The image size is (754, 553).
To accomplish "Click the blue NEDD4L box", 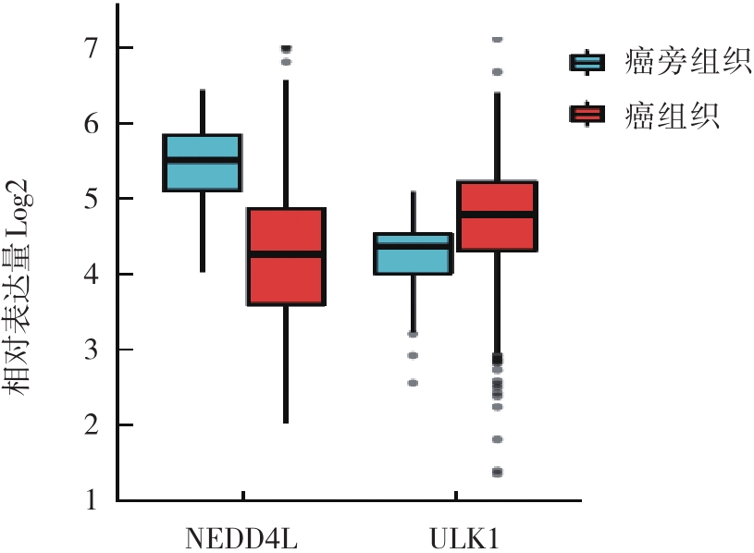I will pyautogui.click(x=202, y=163).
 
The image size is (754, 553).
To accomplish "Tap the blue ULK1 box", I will pyautogui.click(x=413, y=253).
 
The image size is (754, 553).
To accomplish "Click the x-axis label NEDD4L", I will pyautogui.click(x=243, y=537).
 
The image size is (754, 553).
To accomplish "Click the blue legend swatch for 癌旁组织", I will pyautogui.click(x=587, y=63).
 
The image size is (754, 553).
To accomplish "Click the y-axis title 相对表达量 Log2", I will pyautogui.click(x=24, y=287).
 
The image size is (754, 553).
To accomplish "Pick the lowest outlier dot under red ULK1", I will pyautogui.click(x=497, y=473).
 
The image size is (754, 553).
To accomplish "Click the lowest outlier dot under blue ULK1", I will pyautogui.click(x=413, y=382).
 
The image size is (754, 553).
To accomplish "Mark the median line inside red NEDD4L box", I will pyautogui.click(x=285, y=252).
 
